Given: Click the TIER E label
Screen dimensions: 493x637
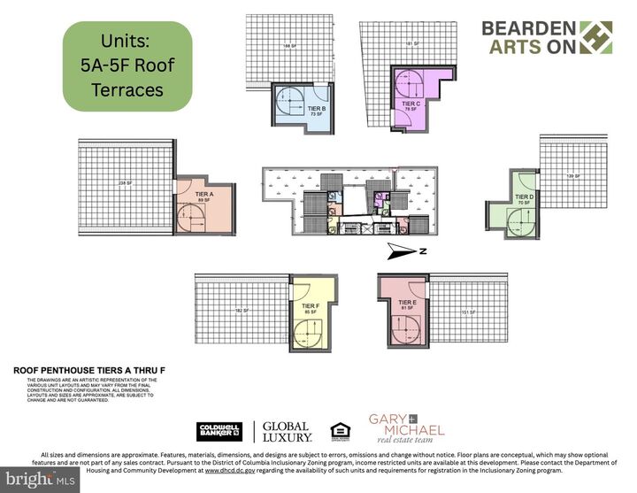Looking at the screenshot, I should [x=407, y=304].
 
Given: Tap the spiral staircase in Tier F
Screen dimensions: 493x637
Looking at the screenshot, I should [x=308, y=333].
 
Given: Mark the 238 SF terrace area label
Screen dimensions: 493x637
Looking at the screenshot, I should [x=124, y=183].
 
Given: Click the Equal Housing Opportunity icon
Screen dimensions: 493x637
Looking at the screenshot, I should [x=339, y=432].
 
